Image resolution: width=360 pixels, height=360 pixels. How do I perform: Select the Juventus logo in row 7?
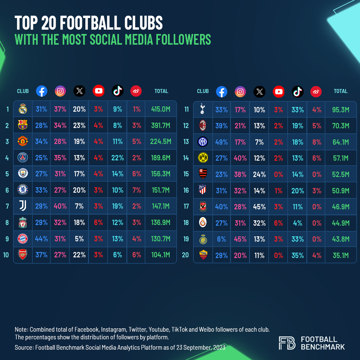23,206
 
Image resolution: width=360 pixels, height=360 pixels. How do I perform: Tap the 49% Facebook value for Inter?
222,142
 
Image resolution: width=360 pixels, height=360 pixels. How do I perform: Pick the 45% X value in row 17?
259,207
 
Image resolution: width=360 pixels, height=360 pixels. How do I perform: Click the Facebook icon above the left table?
41,91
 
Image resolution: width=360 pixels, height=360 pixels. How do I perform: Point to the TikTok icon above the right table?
297,91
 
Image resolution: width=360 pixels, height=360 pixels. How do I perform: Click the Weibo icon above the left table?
136,91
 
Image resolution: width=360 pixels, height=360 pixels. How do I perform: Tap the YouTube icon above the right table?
278,91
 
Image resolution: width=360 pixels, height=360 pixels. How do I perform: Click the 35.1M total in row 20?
341,255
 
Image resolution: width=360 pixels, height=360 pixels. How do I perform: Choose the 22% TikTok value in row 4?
118,158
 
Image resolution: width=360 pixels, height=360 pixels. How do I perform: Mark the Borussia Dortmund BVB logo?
203,158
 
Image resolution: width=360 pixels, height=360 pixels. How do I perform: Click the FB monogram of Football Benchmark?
287,343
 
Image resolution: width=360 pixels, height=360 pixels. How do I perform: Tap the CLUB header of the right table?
203,91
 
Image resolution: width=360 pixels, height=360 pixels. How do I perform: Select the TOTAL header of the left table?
161,91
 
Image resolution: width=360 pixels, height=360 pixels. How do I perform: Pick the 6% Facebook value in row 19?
222,239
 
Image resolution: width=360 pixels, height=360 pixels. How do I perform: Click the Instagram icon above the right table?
240,91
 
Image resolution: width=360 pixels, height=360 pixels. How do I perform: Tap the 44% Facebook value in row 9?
42,239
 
